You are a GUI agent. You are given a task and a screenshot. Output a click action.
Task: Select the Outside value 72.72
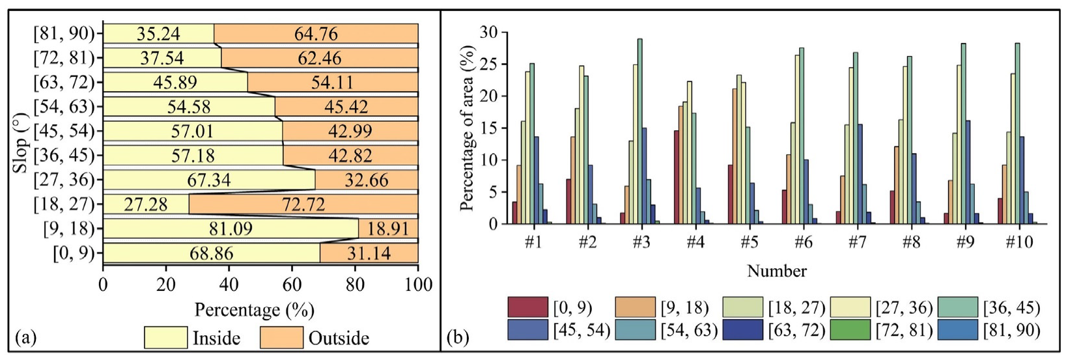(x=303, y=204)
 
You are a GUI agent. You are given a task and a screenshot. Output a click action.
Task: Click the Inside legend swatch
(x=165, y=338)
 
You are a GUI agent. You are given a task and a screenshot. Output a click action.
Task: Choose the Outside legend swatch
(x=281, y=338)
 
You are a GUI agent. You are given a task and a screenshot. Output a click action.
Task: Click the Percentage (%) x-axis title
(x=254, y=309)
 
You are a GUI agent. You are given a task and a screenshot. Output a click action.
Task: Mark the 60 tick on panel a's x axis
(x=292, y=284)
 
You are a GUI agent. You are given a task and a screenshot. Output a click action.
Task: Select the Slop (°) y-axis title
(x=20, y=143)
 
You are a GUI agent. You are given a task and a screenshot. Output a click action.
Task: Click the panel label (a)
(x=25, y=337)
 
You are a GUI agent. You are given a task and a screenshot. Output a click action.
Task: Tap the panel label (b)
(x=457, y=337)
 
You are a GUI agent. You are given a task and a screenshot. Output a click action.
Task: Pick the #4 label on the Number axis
(x=695, y=242)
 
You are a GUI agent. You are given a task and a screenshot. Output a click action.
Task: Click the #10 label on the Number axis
(x=1019, y=242)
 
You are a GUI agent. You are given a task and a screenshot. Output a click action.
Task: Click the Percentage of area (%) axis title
(x=467, y=128)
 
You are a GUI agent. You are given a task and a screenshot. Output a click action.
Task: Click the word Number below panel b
(x=776, y=270)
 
